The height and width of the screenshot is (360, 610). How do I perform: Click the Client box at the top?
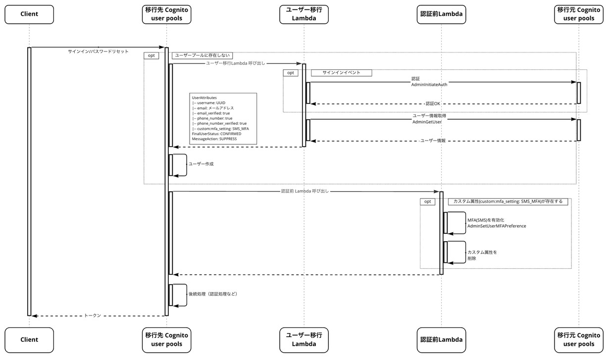[x=29, y=14]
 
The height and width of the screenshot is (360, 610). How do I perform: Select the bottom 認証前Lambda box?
[x=441, y=340]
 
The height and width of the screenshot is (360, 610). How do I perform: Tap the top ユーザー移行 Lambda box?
[x=304, y=14]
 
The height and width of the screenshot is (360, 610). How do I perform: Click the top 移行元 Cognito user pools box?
[x=579, y=14]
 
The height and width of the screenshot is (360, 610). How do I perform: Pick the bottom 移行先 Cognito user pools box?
[x=166, y=340]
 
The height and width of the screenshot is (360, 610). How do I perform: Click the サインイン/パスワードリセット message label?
[x=98, y=51]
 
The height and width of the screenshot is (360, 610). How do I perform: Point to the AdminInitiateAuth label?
[x=429, y=85]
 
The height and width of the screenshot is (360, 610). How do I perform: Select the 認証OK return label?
[x=433, y=104]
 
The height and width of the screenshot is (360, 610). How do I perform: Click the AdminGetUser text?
[x=427, y=122]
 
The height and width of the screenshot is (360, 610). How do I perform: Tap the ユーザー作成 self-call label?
[x=201, y=164]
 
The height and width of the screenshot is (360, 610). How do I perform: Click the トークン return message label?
[x=93, y=315]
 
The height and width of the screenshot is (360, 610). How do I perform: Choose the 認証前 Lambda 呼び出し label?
[x=305, y=191]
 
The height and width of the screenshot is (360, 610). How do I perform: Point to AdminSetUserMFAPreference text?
[x=497, y=226]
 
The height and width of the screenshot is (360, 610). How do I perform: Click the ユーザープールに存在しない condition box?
[x=203, y=55]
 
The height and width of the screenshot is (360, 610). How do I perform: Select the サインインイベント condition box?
[x=342, y=73]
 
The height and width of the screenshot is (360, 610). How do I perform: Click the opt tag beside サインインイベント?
[x=291, y=73]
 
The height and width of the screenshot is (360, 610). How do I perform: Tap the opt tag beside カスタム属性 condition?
[x=428, y=202]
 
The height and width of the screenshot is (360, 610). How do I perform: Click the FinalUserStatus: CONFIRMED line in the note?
[x=216, y=134]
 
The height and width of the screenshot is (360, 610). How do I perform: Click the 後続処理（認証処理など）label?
[x=213, y=294]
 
